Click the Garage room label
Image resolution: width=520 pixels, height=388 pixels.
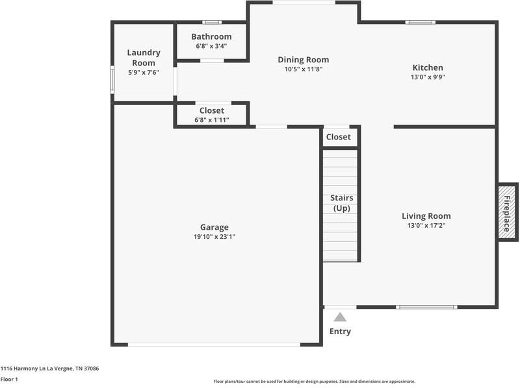pyautogui.click(x=214, y=227)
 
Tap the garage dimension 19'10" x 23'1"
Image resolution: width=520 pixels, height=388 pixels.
pyautogui.click(x=214, y=237)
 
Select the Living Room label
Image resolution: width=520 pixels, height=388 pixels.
pyautogui.click(x=426, y=216)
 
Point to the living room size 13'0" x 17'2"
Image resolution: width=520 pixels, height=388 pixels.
pyautogui.click(x=426, y=226)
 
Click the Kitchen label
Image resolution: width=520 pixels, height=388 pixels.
pyautogui.click(x=428, y=67)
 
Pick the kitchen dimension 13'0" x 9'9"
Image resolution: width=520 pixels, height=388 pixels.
pyautogui.click(x=428, y=77)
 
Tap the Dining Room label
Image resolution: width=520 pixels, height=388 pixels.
pyautogui.click(x=303, y=60)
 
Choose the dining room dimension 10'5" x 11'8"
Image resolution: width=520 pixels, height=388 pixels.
pyautogui.click(x=303, y=69)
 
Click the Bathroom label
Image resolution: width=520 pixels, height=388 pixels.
pyautogui.click(x=211, y=37)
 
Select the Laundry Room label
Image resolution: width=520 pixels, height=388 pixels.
pyautogui.click(x=144, y=58)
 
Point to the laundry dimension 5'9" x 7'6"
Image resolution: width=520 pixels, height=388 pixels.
pyautogui.click(x=144, y=72)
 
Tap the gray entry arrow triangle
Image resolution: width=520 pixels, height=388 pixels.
pyautogui.click(x=340, y=317)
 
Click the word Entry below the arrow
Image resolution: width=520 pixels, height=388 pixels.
pyautogui.click(x=340, y=332)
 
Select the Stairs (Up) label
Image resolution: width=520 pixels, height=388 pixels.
pyautogui.click(x=341, y=202)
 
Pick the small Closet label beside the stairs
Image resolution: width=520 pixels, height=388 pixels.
pyautogui.click(x=338, y=137)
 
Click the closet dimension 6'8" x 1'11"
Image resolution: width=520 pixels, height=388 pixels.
pyautogui.click(x=212, y=120)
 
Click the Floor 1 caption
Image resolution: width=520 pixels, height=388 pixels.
pyautogui.click(x=8, y=379)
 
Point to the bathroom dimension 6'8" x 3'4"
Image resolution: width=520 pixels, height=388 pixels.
pyautogui.click(x=211, y=46)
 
